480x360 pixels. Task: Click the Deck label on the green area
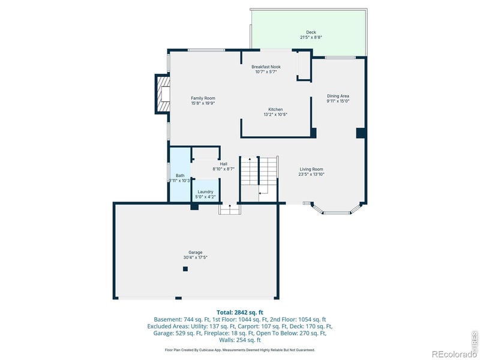(x=311, y=32)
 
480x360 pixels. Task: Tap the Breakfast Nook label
(x=266, y=67)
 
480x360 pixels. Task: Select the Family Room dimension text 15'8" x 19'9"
(x=203, y=103)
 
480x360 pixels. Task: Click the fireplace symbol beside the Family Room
(x=163, y=94)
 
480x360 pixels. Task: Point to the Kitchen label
(x=275, y=109)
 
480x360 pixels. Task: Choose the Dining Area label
(x=338, y=96)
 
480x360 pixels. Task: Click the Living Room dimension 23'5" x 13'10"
(x=311, y=175)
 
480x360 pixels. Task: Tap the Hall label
(x=223, y=164)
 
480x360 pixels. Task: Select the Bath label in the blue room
(x=180, y=175)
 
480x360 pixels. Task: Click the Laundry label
(x=205, y=191)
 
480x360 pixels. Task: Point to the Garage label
(x=196, y=252)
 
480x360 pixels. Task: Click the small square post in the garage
(x=185, y=269)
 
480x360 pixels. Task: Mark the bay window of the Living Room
(x=337, y=209)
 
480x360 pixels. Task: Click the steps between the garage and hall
(x=229, y=208)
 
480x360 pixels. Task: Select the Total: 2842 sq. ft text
(x=240, y=312)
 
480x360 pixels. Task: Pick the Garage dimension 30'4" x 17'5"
(x=196, y=257)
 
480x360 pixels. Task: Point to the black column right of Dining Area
(x=361, y=133)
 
